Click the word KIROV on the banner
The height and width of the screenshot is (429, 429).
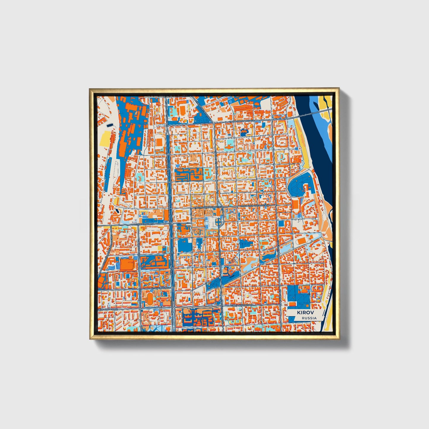click(x=303, y=313)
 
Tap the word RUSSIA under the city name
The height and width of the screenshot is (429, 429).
click(x=309, y=318)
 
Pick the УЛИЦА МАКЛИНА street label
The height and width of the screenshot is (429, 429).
click(x=161, y=288)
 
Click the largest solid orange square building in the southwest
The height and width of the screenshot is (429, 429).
click(x=127, y=264)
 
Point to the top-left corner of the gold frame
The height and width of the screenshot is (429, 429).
click(x=90, y=88)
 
